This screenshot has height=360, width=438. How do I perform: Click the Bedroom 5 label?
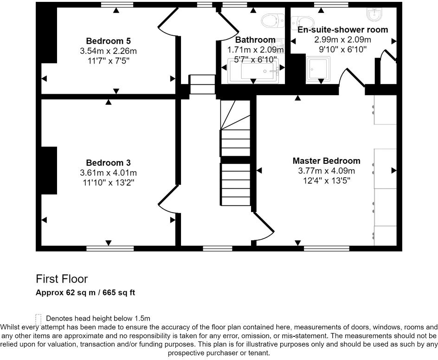pyautogui.click(x=108, y=41)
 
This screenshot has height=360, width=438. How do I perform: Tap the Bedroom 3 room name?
pyautogui.click(x=108, y=163)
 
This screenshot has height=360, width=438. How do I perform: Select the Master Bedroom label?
pyautogui.click(x=326, y=161)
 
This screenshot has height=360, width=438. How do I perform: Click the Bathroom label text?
pyautogui.click(x=255, y=40)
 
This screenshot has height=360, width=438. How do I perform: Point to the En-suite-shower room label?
pyautogui.click(x=342, y=30)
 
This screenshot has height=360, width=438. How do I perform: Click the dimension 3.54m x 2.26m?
pyautogui.click(x=108, y=51)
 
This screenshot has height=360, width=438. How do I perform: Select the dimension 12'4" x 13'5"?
pyautogui.click(x=326, y=180)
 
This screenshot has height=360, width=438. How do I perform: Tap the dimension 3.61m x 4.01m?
pyautogui.click(x=108, y=173)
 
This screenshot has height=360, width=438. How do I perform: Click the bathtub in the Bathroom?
pyautogui.click(x=253, y=71)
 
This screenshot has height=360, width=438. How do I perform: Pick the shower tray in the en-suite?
pyautogui.click(x=318, y=69)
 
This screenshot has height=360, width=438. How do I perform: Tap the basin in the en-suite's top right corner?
pyautogui.click(x=374, y=15)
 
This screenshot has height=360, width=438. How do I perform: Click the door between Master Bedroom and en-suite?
pyautogui.click(x=351, y=78)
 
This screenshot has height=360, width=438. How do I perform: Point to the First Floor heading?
pyautogui.click(x=62, y=279)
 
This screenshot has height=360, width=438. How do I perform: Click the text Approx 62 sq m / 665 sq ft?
pyautogui.click(x=85, y=293)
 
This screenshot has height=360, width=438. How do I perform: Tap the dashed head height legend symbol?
pyautogui.click(x=39, y=319)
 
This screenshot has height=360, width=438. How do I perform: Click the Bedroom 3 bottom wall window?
pyautogui.click(x=108, y=248)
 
